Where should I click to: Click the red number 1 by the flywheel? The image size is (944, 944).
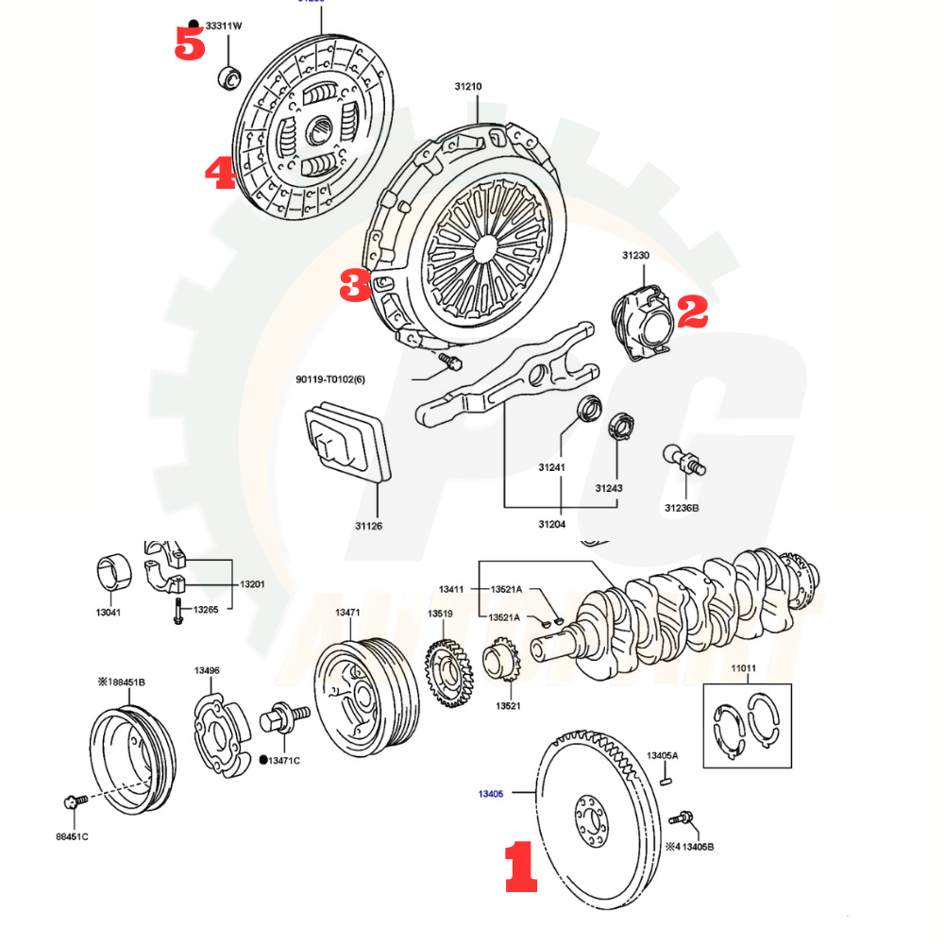pyautogui.click(x=520, y=868)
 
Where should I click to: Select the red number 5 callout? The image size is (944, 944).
pyautogui.click(x=190, y=43)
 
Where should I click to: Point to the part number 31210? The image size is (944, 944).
pyautogui.click(x=467, y=87)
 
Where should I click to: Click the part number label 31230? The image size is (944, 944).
pyautogui.click(x=636, y=256)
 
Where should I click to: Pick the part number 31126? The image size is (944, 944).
pyautogui.click(x=369, y=525)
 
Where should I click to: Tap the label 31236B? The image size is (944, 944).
pyautogui.click(x=682, y=508)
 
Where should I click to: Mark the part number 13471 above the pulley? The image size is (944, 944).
pyautogui.click(x=347, y=613)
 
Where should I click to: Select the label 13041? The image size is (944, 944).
pyautogui.click(x=109, y=613)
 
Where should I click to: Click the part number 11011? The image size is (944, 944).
pyautogui.click(x=743, y=669)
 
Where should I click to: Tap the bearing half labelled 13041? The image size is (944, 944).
pyautogui.click(x=114, y=572)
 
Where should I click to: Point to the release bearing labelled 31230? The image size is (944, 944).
pyautogui.click(x=644, y=321)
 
